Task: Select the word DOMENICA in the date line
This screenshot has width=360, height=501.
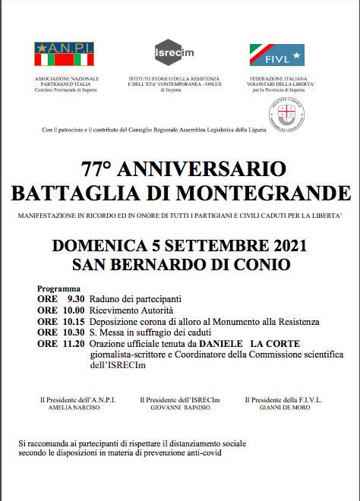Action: click(x=93, y=246)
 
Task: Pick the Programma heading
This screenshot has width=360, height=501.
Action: click(x=58, y=289)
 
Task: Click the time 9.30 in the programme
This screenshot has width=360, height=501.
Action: click(x=74, y=300)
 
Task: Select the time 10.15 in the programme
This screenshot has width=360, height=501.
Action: click(x=73, y=322)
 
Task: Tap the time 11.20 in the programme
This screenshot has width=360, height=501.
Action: click(x=73, y=344)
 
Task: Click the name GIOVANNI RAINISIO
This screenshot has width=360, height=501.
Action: click(x=179, y=408)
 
